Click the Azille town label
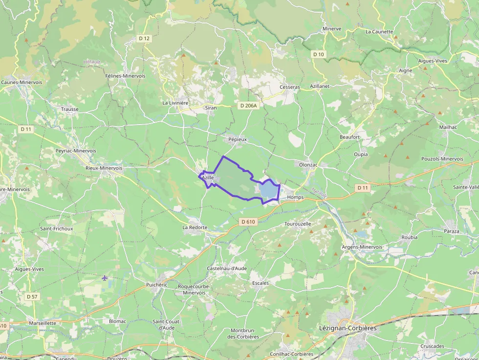click(208, 178)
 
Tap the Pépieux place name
click(238, 139)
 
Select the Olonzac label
click(308, 165)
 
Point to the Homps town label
click(295, 197)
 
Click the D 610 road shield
click(248, 222)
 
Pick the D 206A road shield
click(248, 106)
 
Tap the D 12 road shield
click(144, 38)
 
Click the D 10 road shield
click(319, 54)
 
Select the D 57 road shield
click(32, 296)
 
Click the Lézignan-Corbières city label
click(348, 328)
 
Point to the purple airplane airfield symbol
click(105, 278)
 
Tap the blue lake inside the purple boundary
click(268, 191)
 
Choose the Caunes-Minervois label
click(22, 82)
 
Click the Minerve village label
click(332, 29)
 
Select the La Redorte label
click(195, 228)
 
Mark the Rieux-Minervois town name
click(104, 168)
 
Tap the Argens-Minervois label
click(362, 247)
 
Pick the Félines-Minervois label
click(125, 76)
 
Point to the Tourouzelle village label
click(298, 224)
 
